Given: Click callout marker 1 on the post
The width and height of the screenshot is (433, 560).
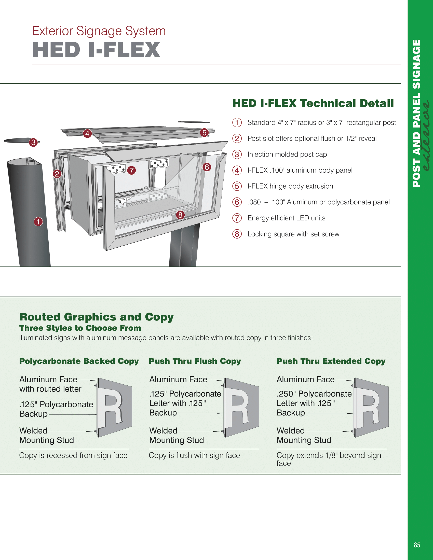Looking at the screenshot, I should tap(38, 221).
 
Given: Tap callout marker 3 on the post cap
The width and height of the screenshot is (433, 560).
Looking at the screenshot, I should tap(33, 142).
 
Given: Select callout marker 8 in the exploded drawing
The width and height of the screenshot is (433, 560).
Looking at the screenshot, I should tap(180, 215).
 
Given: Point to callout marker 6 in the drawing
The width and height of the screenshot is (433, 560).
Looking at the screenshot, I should tap(207, 167).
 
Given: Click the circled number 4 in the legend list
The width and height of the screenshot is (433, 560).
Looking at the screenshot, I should tap(237, 170).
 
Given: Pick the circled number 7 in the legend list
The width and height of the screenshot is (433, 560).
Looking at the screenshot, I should tap(237, 218).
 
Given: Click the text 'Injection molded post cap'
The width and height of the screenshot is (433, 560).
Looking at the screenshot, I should tap(287, 154).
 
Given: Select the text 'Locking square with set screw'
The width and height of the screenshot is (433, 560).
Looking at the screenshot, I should tap(293, 234).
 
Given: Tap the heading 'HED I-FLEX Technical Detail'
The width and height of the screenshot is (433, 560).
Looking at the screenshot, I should tap(313, 103).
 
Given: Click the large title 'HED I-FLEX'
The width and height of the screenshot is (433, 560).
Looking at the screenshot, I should tap(96, 50).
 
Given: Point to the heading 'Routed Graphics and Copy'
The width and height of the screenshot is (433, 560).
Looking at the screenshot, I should tap(97, 317).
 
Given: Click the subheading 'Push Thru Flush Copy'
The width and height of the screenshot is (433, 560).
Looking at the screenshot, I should tap(195, 361).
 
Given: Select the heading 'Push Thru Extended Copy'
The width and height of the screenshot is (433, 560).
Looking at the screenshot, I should tap(331, 361).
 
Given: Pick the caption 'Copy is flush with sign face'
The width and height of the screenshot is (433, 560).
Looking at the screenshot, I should tap(194, 455).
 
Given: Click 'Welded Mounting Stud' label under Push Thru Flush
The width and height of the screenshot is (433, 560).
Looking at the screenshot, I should tap(177, 435).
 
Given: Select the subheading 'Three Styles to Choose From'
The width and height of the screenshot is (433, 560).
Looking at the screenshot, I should tap(80, 328).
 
